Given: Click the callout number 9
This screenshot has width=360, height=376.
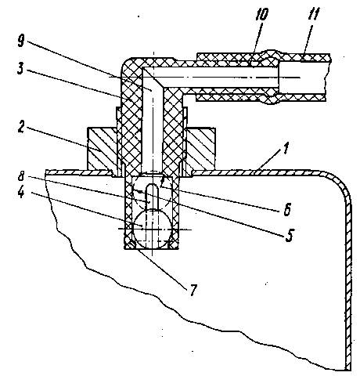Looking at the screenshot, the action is [22, 41].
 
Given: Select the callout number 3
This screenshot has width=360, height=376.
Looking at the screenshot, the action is [20, 68].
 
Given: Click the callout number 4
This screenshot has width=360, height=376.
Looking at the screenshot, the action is [21, 193].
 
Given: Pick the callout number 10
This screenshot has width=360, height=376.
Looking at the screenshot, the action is [261, 14].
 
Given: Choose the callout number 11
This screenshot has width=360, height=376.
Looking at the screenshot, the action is [313, 13].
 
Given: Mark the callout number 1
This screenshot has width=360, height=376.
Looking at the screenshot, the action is [286, 148].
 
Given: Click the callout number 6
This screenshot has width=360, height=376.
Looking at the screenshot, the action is [287, 209].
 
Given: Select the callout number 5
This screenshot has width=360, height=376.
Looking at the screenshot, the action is [290, 235].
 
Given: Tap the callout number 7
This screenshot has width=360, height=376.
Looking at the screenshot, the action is [193, 289].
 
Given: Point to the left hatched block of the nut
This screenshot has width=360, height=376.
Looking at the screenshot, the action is [103, 148].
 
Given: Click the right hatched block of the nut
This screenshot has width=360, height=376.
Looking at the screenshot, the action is [201, 148].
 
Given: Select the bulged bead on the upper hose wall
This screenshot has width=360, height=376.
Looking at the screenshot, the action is [272, 54].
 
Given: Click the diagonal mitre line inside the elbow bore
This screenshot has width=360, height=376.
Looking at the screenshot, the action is [153, 78].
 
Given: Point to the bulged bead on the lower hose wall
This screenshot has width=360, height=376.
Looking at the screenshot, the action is [272, 100].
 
